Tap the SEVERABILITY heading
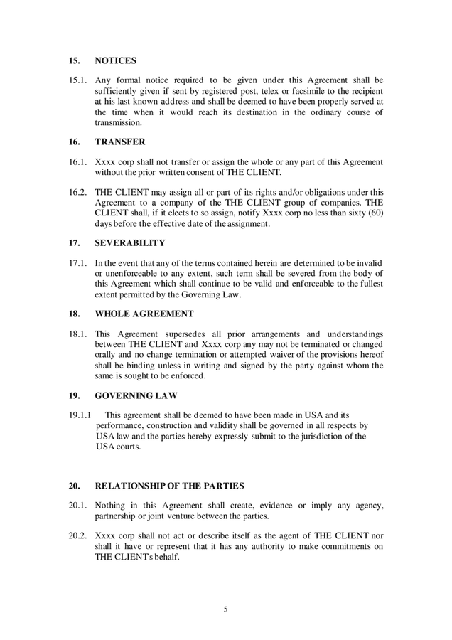pyautogui.click(x=129, y=242)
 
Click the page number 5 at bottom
pyautogui.click(x=225, y=609)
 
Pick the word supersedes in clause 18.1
pyautogui.click(x=185, y=333)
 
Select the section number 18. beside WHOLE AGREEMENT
pyautogui.click(x=74, y=312)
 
